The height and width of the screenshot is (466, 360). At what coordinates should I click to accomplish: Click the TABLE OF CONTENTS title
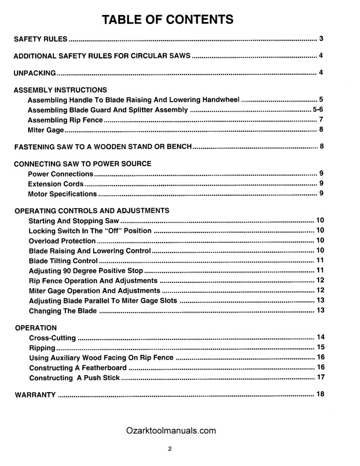pos(168,20)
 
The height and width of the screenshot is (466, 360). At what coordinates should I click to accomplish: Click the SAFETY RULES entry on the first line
pos(40,39)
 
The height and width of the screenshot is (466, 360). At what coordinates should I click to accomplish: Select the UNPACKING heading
pos(35,73)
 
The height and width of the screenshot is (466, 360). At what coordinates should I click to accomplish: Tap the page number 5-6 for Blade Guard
pos(318,110)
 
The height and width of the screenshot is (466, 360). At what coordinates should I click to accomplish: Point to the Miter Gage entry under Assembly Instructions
pos(46,129)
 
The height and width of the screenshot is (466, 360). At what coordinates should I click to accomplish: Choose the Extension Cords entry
pos(56,184)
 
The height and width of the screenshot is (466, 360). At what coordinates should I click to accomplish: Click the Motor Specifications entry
pos(62,194)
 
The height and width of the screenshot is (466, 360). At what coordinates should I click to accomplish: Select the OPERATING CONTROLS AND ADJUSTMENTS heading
pos(92,210)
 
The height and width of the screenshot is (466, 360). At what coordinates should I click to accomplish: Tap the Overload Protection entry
pos(62,241)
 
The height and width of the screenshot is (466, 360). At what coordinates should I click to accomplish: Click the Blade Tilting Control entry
pos(64,261)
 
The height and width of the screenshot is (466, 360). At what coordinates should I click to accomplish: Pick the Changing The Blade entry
pos(63,311)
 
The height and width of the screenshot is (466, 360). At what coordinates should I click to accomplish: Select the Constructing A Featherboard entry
pos(78,368)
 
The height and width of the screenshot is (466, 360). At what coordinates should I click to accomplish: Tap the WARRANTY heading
pos(36,394)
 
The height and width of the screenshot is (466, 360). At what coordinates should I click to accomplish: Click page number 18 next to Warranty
pos(321,394)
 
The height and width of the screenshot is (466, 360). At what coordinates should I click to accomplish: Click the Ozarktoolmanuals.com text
pos(171,430)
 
